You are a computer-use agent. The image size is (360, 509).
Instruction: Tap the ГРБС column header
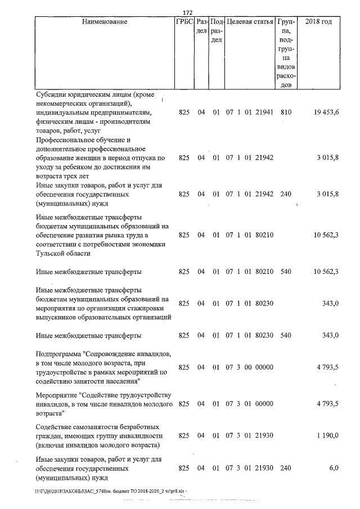(184, 22)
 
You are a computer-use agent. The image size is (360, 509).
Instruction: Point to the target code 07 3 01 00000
(249, 404)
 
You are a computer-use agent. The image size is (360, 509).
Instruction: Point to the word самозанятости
(94, 427)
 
